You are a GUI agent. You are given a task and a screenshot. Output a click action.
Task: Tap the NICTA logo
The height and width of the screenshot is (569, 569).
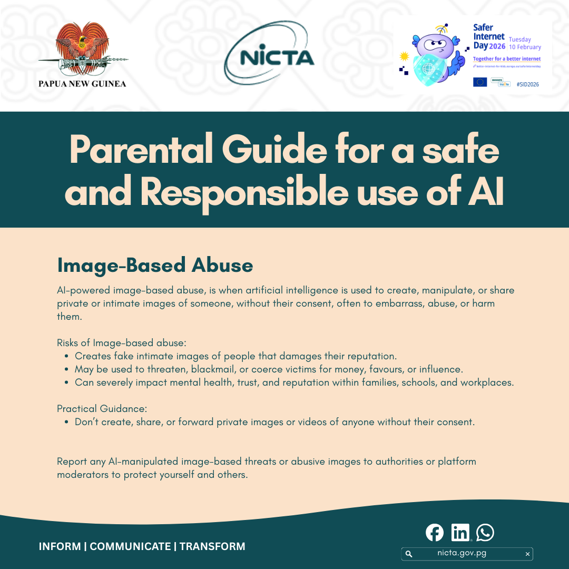click(x=269, y=54)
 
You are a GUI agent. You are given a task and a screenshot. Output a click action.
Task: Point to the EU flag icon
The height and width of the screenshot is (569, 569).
click(x=479, y=82)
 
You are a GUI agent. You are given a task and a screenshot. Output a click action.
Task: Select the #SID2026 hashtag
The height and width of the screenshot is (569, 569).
click(x=527, y=84)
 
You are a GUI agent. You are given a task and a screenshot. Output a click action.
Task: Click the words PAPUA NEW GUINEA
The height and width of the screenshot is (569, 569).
click(x=82, y=83)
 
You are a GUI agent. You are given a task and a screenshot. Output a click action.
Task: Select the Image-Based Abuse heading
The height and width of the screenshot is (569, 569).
click(x=155, y=265)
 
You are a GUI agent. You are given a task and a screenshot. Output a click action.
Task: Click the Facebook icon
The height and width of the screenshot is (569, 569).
click(x=435, y=533)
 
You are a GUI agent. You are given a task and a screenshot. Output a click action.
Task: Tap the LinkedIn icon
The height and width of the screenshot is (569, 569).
click(x=460, y=533)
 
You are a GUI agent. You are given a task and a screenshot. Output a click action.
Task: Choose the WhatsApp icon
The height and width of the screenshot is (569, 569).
click(x=485, y=533)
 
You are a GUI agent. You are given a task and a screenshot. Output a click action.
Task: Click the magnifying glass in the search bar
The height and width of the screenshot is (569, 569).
click(x=408, y=554)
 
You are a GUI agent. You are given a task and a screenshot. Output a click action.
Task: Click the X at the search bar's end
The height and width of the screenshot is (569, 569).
click(x=527, y=554)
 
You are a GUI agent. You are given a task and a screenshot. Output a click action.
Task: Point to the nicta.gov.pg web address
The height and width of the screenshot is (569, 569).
click(x=462, y=553)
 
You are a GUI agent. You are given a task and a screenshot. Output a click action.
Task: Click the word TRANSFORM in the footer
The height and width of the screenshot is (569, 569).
click(x=212, y=547)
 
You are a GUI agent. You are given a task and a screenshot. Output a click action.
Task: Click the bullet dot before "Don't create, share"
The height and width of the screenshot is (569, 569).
click(x=67, y=422)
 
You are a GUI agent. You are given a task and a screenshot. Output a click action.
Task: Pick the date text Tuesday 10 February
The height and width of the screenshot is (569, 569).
click(x=525, y=43)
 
